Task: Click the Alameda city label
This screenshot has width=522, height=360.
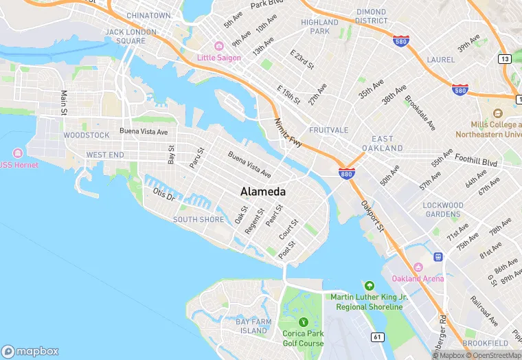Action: pos(263,192)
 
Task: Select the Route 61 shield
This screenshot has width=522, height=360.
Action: pos(377,337)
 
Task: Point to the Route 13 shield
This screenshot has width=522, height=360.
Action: pos(505,59)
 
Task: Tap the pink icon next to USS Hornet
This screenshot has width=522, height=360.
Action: pos(17,153)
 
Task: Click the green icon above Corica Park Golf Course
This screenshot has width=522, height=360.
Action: pos(302,321)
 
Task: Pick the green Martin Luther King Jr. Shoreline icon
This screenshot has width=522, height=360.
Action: pos(370,285)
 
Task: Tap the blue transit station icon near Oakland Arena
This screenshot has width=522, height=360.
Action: pos(438,256)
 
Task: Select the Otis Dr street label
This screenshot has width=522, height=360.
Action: pos(165,194)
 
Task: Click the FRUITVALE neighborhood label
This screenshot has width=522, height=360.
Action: pos(329,130)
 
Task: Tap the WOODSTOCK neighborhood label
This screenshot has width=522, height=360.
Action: pos(86,135)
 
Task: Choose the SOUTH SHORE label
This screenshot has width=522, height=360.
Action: pos(198,220)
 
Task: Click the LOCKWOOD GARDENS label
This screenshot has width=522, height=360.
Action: pos(443,210)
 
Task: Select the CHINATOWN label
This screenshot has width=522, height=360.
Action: pos(148,15)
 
